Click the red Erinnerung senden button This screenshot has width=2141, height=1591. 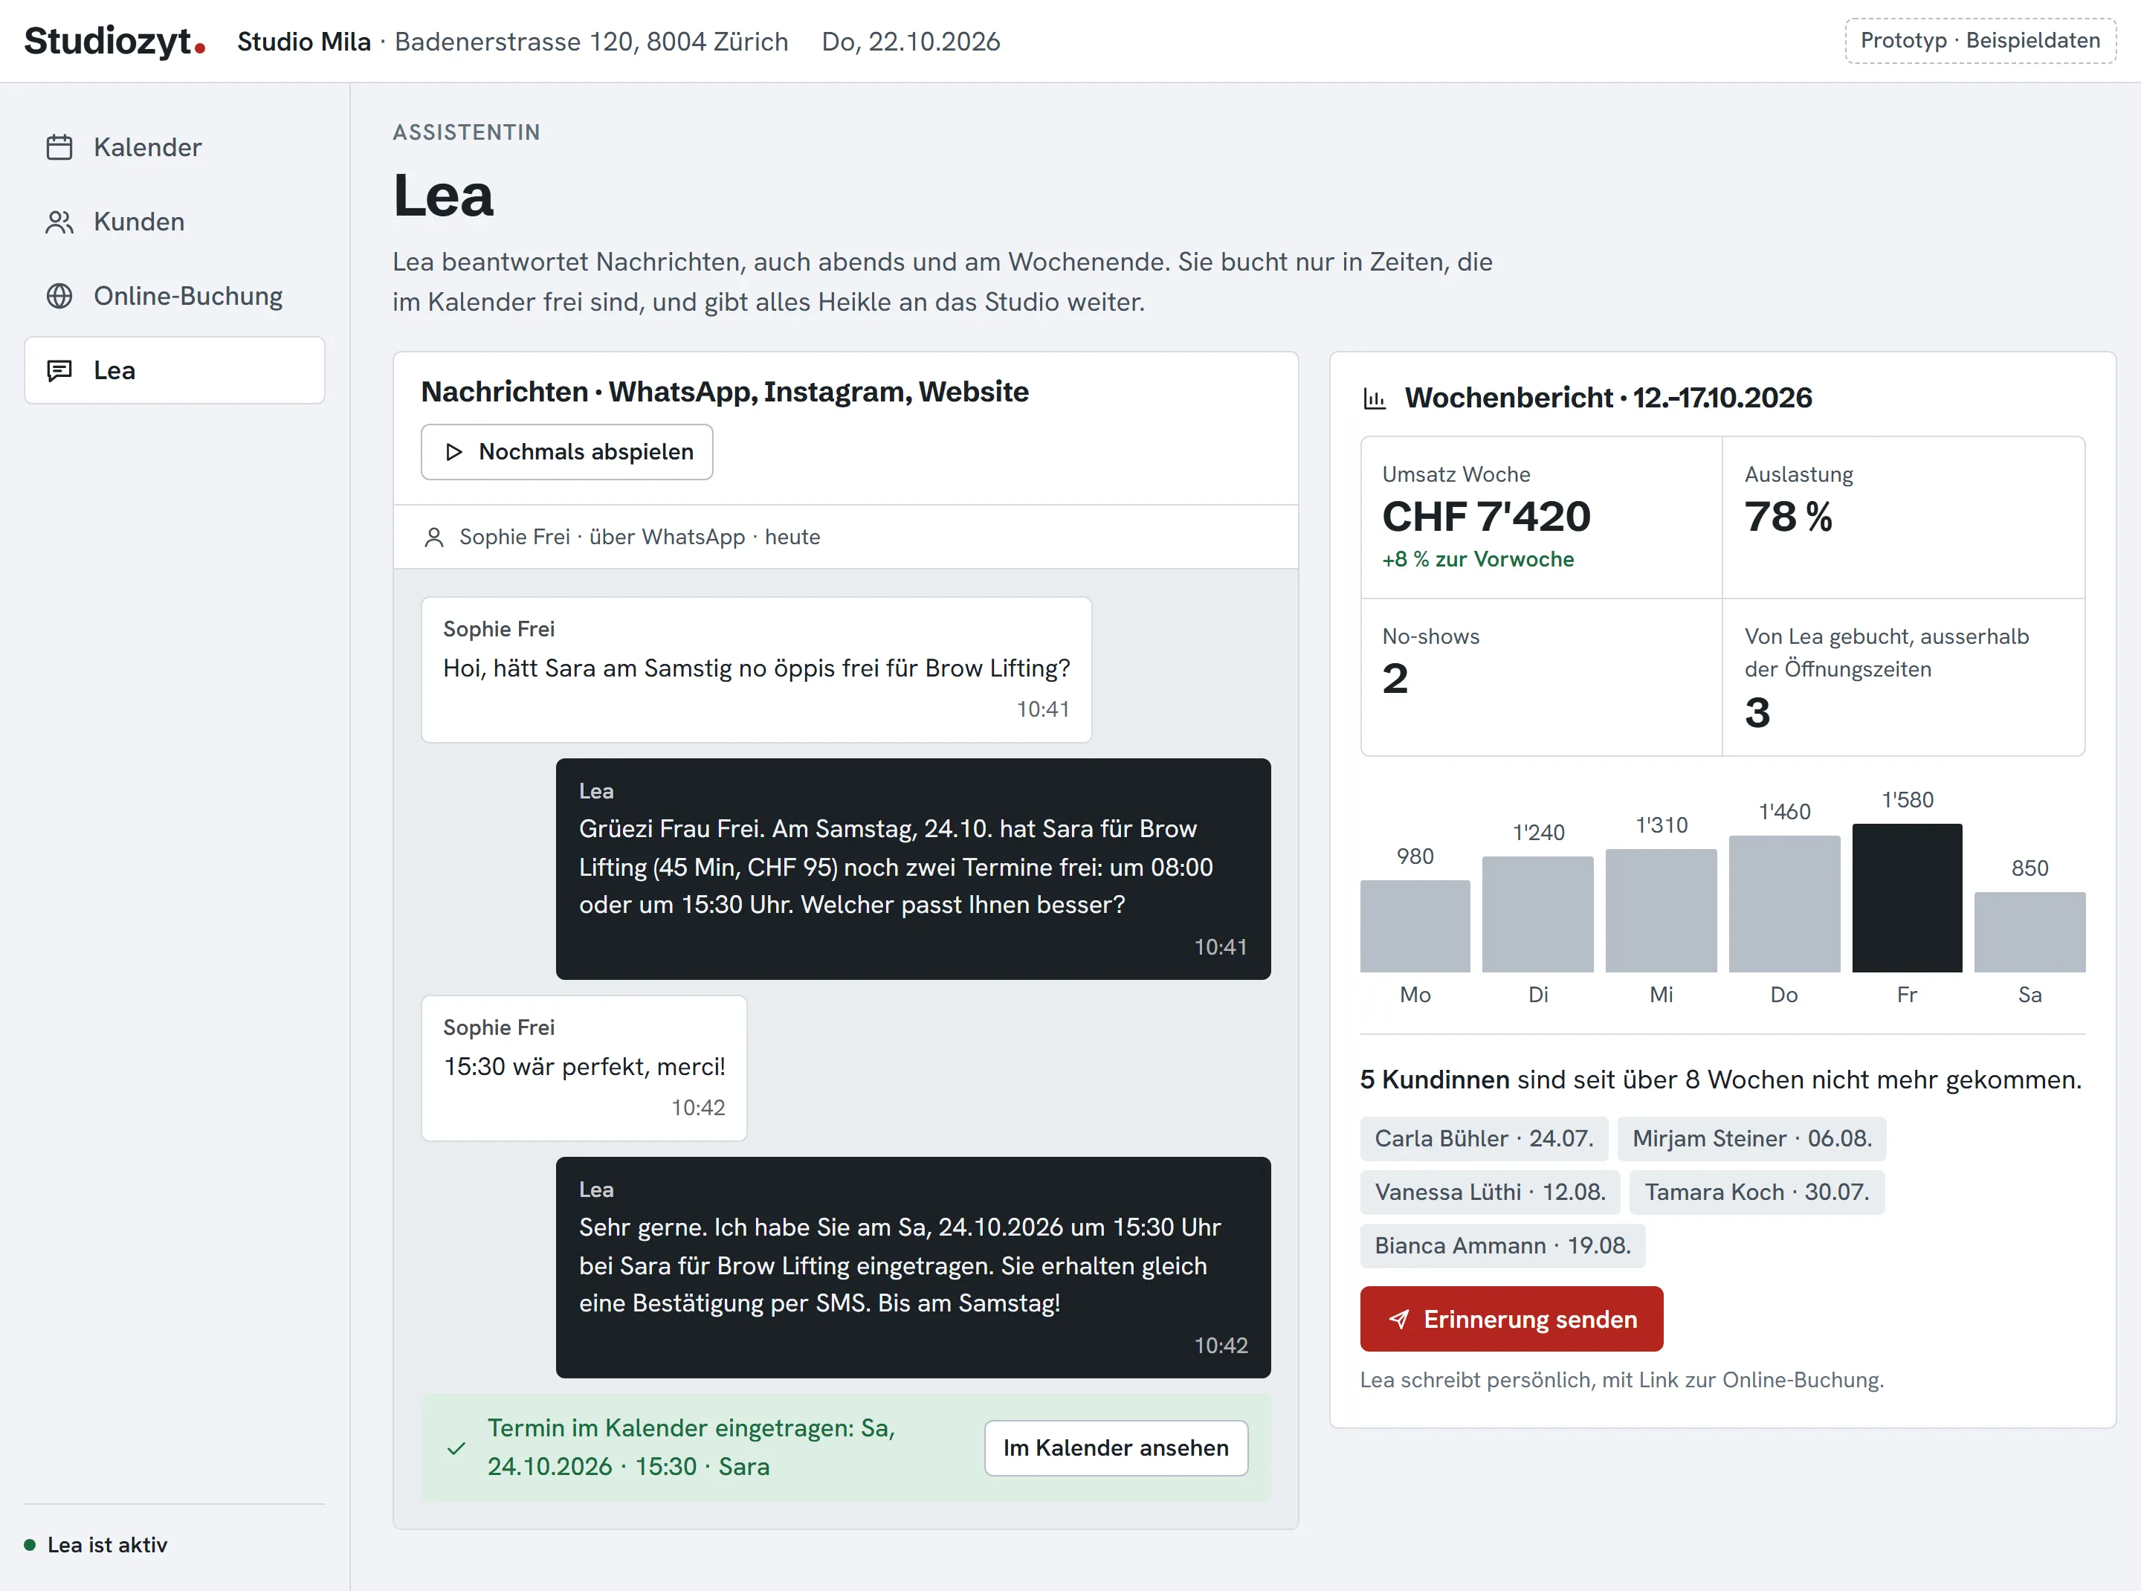pyautogui.click(x=1511, y=1318)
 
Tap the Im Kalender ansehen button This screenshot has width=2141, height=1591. pyautogui.click(x=1115, y=1448)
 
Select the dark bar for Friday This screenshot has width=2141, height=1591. pyautogui.click(x=1906, y=897)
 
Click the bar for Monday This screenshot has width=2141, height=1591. pyautogui.click(x=1415, y=926)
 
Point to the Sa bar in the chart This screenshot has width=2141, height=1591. pyautogui.click(x=2029, y=932)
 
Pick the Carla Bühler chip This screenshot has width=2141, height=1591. pyautogui.click(x=1484, y=1138)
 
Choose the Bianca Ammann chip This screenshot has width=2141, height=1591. pyautogui.click(x=1502, y=1245)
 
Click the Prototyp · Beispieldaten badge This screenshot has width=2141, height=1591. pyautogui.click(x=1980, y=40)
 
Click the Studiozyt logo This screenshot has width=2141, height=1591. pyautogui.click(x=114, y=40)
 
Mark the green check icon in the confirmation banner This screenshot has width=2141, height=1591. pyautogui.click(x=456, y=1448)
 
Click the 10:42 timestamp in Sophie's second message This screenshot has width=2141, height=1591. pyautogui.click(x=698, y=1108)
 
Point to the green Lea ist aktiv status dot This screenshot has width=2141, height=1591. pyautogui.click(x=30, y=1545)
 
